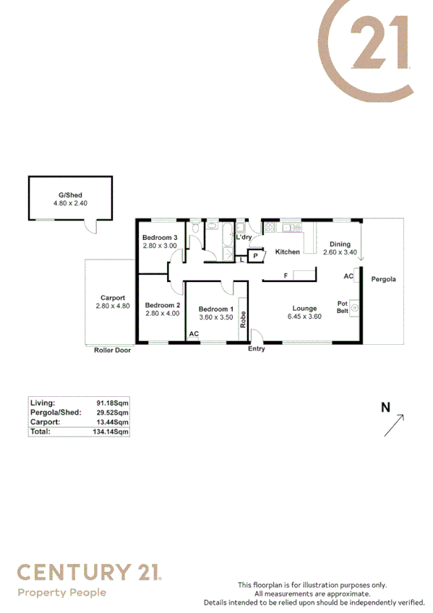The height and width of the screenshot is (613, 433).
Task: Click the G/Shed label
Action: tap(70, 195)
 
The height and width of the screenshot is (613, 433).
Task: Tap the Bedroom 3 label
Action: tap(160, 238)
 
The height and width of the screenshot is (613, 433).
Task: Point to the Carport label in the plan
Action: tap(112, 297)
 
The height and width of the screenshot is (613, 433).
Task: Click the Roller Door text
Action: tap(112, 350)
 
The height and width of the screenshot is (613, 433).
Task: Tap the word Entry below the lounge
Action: tap(256, 349)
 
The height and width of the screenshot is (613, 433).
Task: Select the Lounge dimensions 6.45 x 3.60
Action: tap(304, 317)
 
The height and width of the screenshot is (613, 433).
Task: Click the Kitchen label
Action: tap(287, 252)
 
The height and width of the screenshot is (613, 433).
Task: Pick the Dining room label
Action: tap(339, 244)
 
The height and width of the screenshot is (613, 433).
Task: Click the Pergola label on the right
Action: tap(383, 279)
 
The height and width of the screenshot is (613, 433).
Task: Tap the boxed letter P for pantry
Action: tap(255, 255)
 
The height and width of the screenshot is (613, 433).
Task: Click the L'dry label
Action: tap(244, 237)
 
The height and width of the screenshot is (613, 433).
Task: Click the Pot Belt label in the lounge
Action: tap(343, 307)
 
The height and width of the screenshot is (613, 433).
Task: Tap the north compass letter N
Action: tap(385, 408)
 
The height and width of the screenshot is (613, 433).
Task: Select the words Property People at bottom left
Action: tap(61, 593)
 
